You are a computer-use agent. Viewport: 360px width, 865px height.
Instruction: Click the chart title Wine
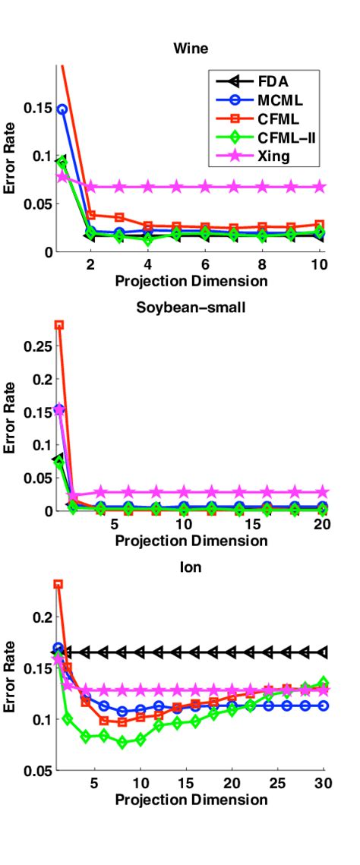pos(191,49)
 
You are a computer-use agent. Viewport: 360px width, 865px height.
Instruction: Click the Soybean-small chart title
pos(191,308)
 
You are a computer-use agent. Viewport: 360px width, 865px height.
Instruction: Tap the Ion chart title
pos(191,567)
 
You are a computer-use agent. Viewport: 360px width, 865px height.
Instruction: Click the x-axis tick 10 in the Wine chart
pos(319,267)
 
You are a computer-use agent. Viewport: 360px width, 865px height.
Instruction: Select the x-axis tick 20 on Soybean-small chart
pos(321,526)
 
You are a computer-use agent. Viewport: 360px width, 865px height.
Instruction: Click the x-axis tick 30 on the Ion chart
pos(322,784)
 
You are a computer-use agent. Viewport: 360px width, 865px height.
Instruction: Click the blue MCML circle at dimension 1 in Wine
pos(62,109)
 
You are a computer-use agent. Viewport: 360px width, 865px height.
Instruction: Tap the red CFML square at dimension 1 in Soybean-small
pos(59,325)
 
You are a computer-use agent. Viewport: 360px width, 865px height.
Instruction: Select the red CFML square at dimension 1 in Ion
pos(58,584)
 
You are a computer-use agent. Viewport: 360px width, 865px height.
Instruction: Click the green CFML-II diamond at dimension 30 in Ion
pos(324,683)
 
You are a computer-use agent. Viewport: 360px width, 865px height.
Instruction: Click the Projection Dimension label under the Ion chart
pos(191,800)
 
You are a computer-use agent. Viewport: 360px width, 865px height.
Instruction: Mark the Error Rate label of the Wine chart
pos(10,159)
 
